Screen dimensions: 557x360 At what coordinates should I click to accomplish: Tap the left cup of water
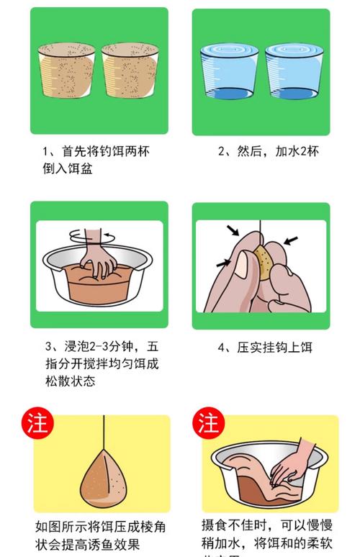228,73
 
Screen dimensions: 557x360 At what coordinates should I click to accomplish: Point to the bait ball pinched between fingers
266,264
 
